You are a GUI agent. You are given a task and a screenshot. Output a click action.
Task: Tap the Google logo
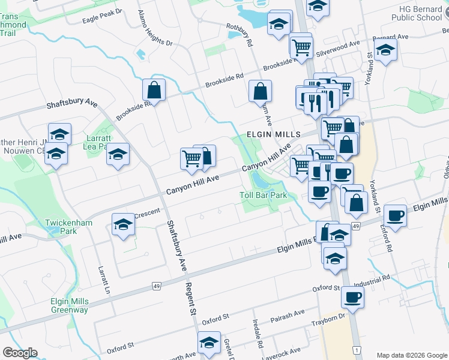(x=20, y=353)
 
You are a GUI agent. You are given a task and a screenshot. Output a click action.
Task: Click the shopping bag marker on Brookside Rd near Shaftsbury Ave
(x=154, y=91)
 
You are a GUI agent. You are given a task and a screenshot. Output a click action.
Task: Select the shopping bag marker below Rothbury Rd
(x=261, y=92)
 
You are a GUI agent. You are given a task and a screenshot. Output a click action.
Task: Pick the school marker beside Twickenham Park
(x=123, y=225)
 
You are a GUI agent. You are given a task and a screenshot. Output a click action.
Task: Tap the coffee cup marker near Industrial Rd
(x=352, y=296)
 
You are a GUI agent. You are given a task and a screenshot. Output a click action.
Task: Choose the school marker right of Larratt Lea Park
(x=118, y=154)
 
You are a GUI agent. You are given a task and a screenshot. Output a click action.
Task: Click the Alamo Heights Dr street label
(x=154, y=29)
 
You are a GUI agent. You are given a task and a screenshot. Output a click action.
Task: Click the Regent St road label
(x=191, y=299)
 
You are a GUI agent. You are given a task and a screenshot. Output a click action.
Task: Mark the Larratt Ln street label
(x=104, y=275)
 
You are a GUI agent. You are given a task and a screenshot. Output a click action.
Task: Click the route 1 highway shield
(x=357, y=350)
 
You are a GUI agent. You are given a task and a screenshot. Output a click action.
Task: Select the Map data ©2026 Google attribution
(x=412, y=355)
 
